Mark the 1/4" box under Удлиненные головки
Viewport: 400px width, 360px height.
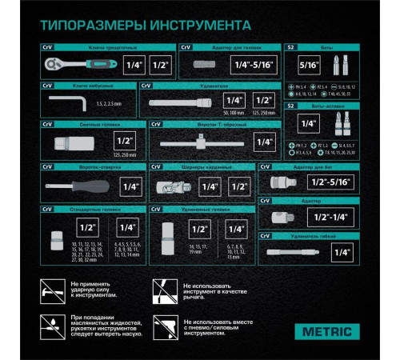click(234, 229)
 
